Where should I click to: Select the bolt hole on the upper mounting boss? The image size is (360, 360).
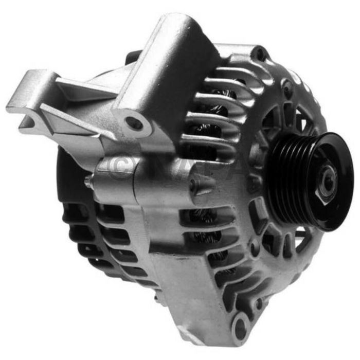click(135, 123)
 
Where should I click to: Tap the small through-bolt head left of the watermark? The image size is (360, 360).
click(89, 181)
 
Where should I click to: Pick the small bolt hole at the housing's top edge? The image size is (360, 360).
click(259, 52)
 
